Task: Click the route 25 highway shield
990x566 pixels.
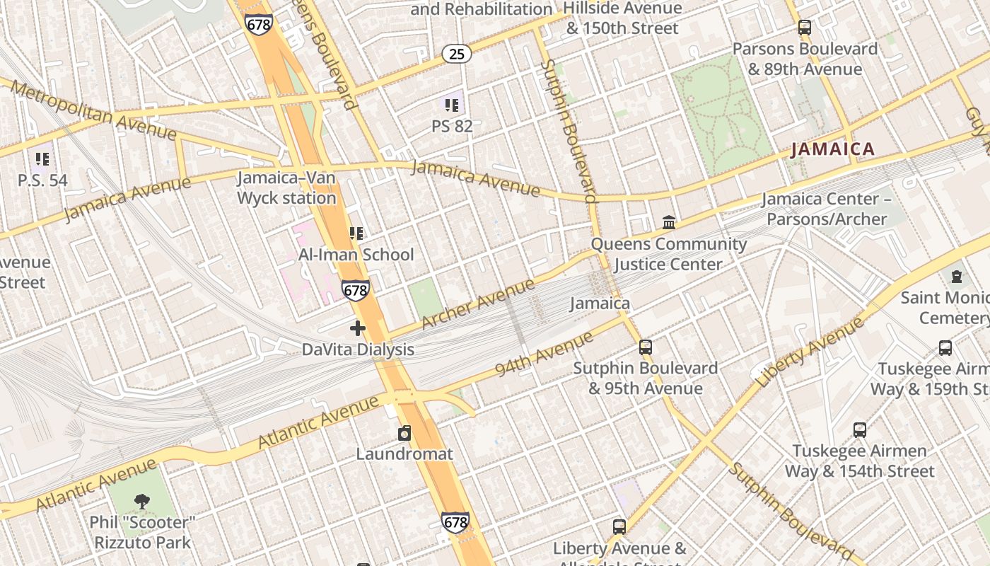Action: tap(457, 53)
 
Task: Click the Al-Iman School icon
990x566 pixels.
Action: tap(356, 233)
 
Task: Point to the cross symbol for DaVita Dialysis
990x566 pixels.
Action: tap(358, 328)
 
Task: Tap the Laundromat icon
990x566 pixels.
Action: tap(404, 433)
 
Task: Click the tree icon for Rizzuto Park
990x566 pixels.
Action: tap(141, 502)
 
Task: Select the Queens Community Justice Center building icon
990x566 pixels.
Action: tap(669, 224)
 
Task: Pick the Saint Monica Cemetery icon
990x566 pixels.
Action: tap(957, 277)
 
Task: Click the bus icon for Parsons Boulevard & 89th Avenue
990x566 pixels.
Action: tap(804, 28)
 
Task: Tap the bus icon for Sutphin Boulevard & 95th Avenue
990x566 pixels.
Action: tap(645, 347)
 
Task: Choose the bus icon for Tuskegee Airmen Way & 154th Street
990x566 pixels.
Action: tap(859, 430)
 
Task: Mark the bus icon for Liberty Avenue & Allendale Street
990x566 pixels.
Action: tap(619, 527)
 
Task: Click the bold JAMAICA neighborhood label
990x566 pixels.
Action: tap(832, 149)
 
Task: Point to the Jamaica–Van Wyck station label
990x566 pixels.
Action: tap(286, 188)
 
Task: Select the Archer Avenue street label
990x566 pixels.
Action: tap(478, 304)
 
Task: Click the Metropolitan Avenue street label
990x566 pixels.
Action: tap(94, 110)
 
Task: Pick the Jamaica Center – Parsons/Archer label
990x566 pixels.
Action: tap(826, 209)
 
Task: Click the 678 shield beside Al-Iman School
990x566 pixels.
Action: tap(355, 290)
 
